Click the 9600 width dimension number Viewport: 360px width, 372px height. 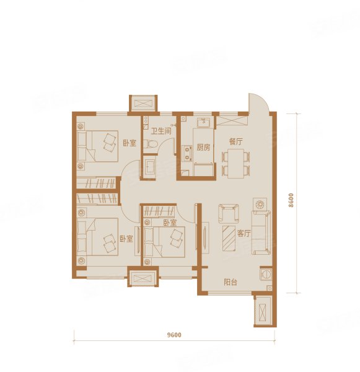tap(174, 335)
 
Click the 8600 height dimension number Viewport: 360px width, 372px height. tap(291, 200)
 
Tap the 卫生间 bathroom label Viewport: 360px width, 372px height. tap(161, 131)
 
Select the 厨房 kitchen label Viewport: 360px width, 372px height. tap(203, 148)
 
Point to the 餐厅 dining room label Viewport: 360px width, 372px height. tap(236, 142)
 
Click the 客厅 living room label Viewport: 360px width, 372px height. tap(244, 234)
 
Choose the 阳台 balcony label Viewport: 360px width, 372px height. tap(230, 282)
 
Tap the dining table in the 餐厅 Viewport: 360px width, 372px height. tap(236, 163)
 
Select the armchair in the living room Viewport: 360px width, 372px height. tap(229, 213)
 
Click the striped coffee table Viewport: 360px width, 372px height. tap(229, 239)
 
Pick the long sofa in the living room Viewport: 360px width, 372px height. tap(261, 232)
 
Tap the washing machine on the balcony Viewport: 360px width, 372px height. tap(266, 274)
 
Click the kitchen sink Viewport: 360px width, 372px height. tap(203, 123)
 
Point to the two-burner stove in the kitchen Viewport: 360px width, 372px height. tap(188, 153)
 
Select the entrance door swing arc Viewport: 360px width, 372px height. tap(258, 102)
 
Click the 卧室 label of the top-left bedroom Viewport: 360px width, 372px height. tap(130, 143)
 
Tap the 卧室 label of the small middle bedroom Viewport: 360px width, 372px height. tap(170, 223)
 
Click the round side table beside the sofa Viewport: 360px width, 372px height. tap(260, 204)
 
